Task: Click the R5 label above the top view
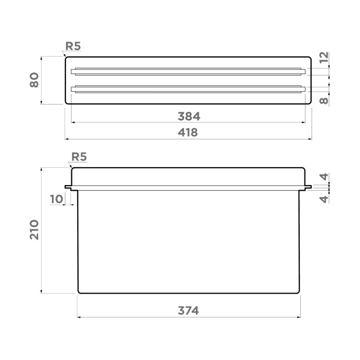pos(73,46)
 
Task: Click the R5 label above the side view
pos(79,157)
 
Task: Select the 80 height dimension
pos(34,80)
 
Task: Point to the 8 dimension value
pos(323,100)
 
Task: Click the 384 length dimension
pos(188,116)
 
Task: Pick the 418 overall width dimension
pos(188,133)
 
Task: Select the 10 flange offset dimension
pos(57,199)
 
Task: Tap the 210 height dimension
pos(34,229)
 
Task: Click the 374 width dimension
pos(188,311)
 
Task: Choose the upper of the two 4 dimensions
pos(323,177)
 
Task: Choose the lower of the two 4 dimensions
pos(323,199)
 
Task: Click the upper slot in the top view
pos(188,71)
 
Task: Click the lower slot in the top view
pos(188,89)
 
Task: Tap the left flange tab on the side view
pos(68,187)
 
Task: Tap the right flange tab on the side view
pos(308,187)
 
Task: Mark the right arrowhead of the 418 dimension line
pos(310,139)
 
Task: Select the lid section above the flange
pos(188,176)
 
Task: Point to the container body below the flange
pos(188,242)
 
